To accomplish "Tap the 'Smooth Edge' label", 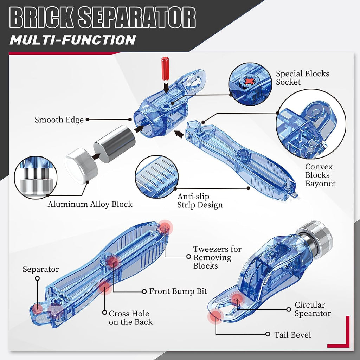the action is (x=59, y=120).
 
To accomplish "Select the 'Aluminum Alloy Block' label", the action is (x=90, y=204).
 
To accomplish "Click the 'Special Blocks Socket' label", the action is (x=302, y=78).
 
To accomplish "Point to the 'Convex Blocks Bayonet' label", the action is (x=320, y=175).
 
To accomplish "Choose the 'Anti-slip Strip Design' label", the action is (x=200, y=201).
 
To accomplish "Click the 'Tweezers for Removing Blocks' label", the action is (x=217, y=257).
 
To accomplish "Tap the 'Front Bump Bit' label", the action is (x=178, y=291).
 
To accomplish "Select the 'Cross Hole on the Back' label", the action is (x=130, y=318).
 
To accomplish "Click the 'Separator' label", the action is (x=41, y=269).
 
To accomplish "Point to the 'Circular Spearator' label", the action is (x=313, y=309).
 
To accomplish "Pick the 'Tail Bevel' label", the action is (x=292, y=335).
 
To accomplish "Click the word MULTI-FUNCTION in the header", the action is (x=72, y=40).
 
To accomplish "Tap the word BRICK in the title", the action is (x=41, y=18).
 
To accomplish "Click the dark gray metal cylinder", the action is (x=114, y=144).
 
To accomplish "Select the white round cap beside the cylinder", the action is (x=81, y=166).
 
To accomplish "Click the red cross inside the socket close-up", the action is (x=250, y=81).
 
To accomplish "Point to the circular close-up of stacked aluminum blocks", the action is (x=36, y=178).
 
